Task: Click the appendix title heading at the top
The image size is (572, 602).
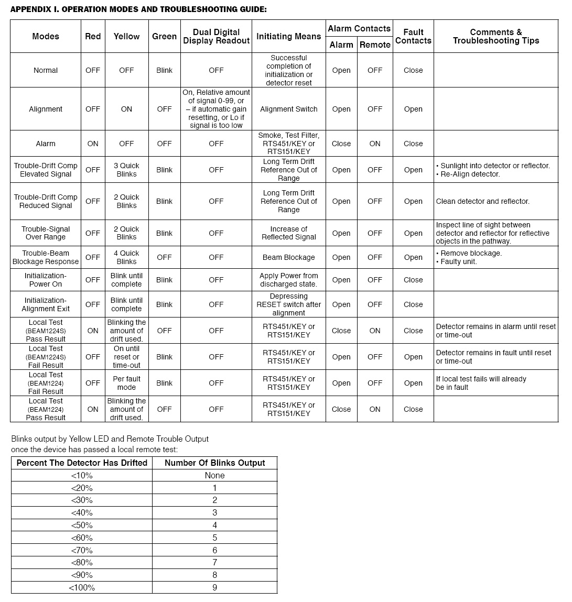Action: pos(138,9)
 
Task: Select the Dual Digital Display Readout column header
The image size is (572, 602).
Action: pos(216,37)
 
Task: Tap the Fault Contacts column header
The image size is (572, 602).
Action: pos(413,37)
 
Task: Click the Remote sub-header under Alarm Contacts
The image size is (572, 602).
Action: pos(375,45)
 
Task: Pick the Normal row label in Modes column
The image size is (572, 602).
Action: pos(46,70)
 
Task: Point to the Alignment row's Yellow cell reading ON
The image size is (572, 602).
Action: pos(126,109)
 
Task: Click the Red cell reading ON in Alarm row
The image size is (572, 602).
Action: pos(93,144)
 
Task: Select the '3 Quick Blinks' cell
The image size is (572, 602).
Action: pos(126,170)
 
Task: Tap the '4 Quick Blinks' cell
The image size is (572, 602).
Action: pos(126,257)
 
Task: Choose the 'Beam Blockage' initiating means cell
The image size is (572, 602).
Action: pos(288,257)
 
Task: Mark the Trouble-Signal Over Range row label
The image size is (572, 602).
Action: pos(46,233)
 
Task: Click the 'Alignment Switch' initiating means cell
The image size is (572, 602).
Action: pos(288,109)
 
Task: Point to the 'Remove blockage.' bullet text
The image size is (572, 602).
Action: pos(471,253)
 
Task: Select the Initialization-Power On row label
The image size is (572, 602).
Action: pos(46,280)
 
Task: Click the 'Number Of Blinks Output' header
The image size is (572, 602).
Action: pos(214,463)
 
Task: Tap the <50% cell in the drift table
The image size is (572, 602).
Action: pos(82,525)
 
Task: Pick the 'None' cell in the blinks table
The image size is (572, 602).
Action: pos(214,475)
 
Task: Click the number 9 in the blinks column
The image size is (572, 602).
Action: pos(214,587)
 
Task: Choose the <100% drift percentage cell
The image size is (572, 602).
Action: pos(82,587)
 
